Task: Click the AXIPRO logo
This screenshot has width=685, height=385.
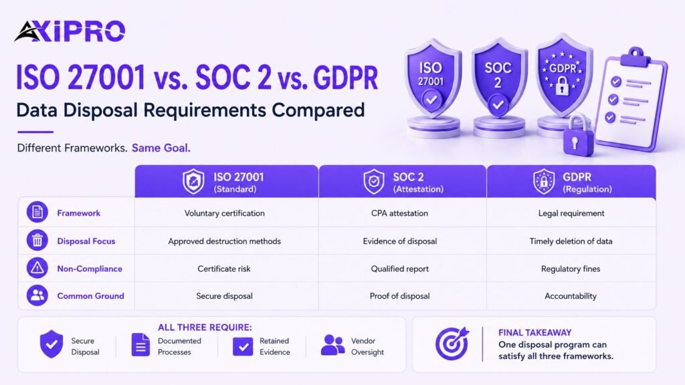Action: tap(70, 31)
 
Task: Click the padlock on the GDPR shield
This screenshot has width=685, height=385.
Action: tap(562, 86)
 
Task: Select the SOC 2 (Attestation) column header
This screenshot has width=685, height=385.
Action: tap(403, 182)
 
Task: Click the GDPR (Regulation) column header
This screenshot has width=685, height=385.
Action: tap(571, 182)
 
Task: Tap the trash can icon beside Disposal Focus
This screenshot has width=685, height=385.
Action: tap(37, 241)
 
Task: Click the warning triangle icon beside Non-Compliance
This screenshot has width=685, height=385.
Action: tap(37, 268)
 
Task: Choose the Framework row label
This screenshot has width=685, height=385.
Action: tap(79, 213)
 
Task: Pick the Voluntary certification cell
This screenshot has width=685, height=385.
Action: tap(225, 213)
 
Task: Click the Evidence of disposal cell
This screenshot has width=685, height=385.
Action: tap(400, 241)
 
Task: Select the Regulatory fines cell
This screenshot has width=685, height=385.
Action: tap(571, 269)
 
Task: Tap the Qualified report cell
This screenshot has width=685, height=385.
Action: tap(400, 269)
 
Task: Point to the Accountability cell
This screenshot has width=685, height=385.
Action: tap(571, 296)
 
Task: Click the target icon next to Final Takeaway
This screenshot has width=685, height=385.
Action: tap(452, 344)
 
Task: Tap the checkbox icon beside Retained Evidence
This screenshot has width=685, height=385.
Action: tap(243, 347)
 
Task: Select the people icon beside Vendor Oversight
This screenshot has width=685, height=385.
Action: tap(332, 345)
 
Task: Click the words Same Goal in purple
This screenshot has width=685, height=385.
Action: tap(161, 148)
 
